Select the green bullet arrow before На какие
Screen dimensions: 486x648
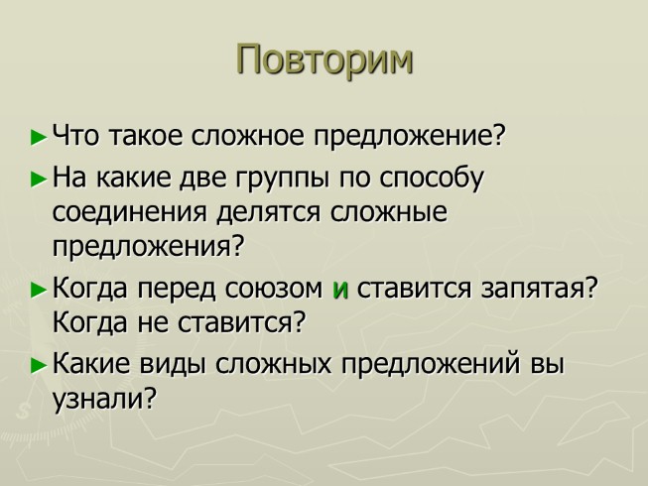[x=39, y=180]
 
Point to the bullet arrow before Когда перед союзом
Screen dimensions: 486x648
[x=39, y=291]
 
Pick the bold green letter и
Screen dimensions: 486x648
[x=340, y=291]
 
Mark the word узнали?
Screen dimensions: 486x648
[x=105, y=398]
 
